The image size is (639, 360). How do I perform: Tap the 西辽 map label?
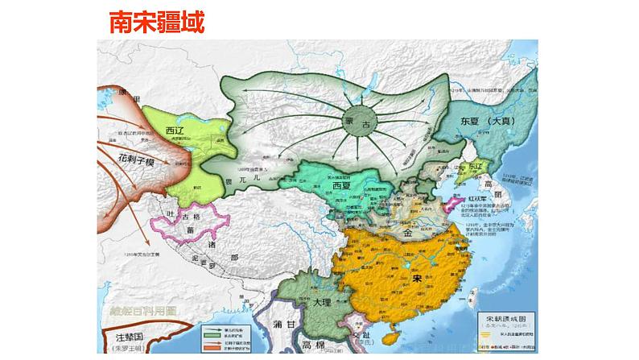tap(175, 130)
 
